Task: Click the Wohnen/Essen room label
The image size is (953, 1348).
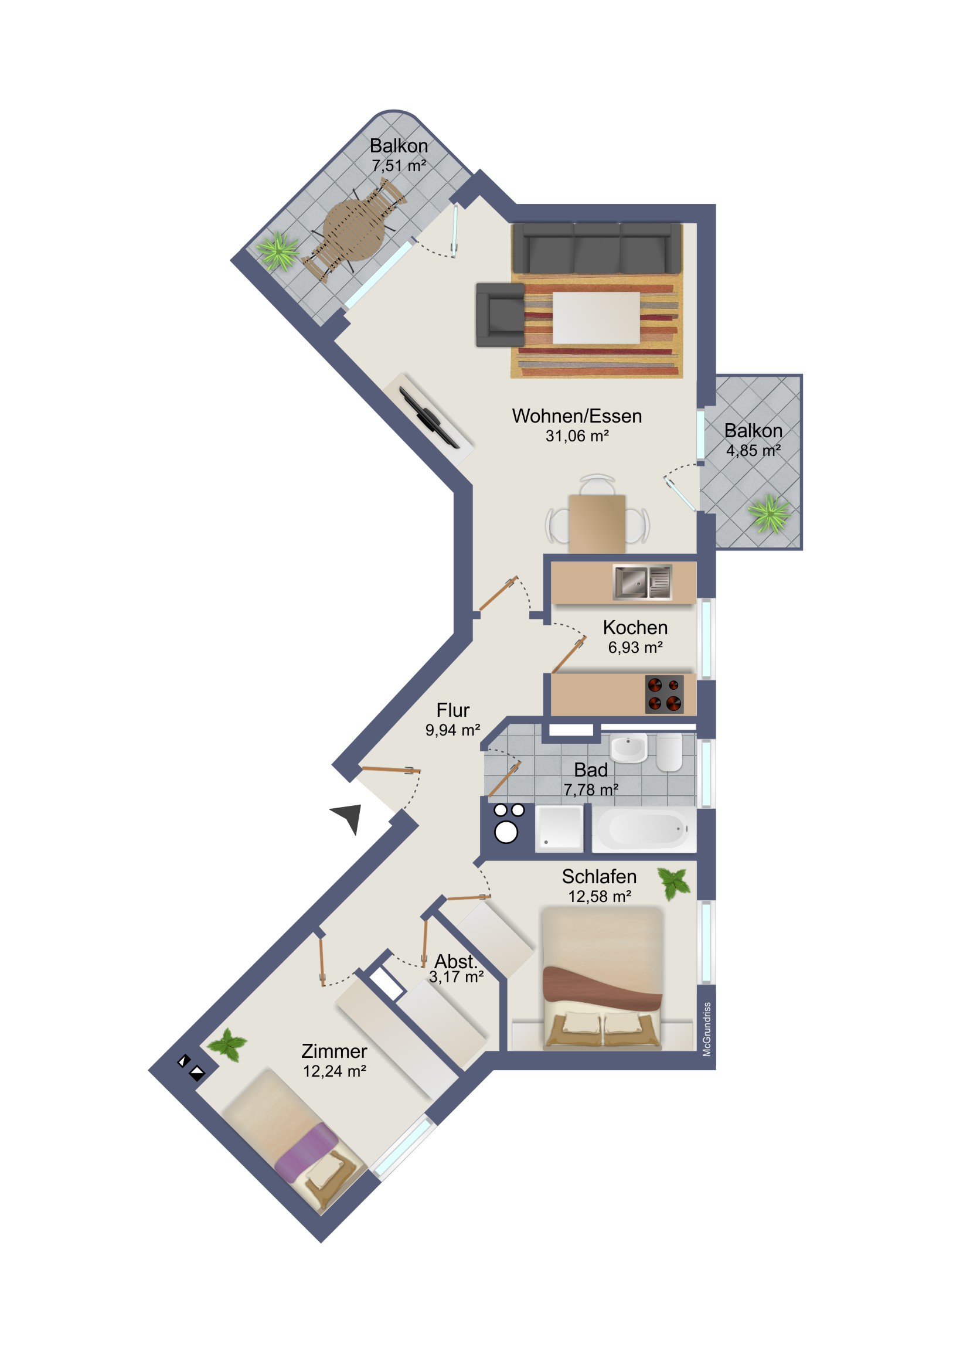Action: point(577,416)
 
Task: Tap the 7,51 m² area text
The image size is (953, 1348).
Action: point(399,166)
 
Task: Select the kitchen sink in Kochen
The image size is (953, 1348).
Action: point(642,582)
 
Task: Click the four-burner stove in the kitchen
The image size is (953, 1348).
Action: point(664,694)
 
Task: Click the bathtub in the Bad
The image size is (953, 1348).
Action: point(644,828)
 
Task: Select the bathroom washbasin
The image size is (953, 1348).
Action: point(628,747)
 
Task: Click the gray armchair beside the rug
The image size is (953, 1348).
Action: point(501,315)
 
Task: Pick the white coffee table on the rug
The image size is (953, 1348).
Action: point(596,318)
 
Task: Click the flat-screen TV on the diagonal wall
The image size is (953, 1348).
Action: point(429,418)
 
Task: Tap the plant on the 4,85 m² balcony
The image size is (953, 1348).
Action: point(770,513)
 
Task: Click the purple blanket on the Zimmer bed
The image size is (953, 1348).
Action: point(306,1152)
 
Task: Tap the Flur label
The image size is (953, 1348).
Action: point(452,710)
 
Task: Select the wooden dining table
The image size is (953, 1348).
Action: point(597,524)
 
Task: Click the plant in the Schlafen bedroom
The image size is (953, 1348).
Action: point(673,883)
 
